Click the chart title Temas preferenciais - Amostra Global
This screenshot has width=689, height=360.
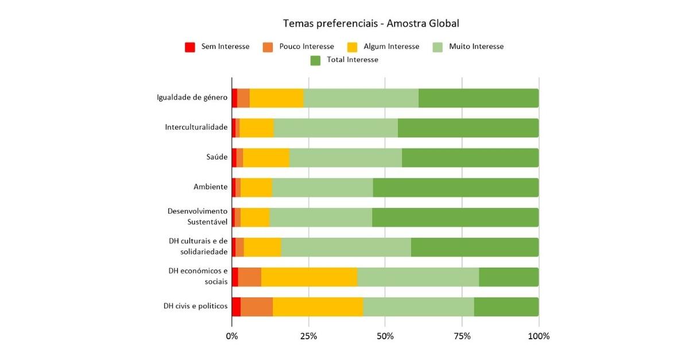click(371, 24)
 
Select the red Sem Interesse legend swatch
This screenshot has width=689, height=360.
click(190, 47)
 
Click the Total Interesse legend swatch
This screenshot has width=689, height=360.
click(315, 60)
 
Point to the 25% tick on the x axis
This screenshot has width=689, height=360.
click(308, 336)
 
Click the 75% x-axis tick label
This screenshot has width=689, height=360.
click(462, 336)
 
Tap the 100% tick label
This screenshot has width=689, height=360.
click(539, 336)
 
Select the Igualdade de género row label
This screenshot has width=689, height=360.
click(192, 98)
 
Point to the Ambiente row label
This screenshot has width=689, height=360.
click(210, 187)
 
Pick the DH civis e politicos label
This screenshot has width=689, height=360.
click(195, 307)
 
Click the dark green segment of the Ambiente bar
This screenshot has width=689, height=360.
click(456, 188)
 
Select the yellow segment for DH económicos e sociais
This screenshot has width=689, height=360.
click(309, 277)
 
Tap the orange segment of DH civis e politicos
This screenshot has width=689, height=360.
click(257, 307)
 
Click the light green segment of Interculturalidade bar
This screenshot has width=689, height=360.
click(336, 128)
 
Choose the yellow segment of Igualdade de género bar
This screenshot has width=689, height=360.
click(276, 98)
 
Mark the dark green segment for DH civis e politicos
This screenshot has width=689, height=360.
click(506, 307)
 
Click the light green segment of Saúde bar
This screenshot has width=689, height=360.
click(346, 158)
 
